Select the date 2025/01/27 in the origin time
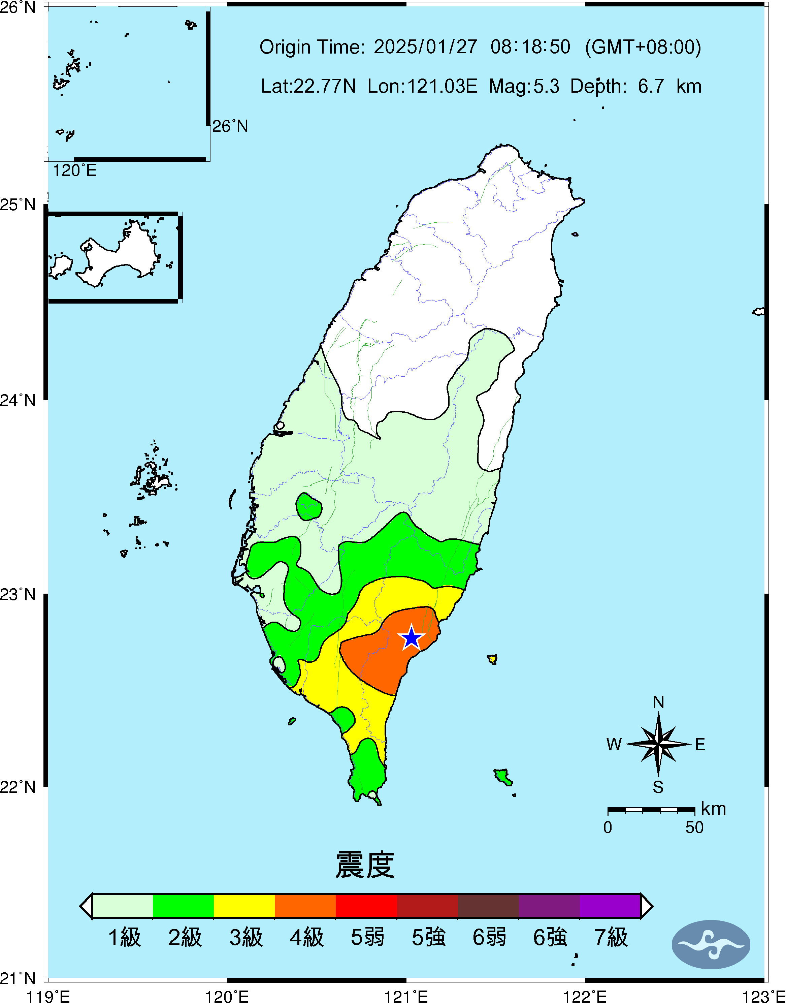(x=425, y=47)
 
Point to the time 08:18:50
(x=530, y=47)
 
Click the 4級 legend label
(x=306, y=937)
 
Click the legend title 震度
(x=365, y=865)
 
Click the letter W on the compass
(x=614, y=744)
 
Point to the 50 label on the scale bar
(x=694, y=827)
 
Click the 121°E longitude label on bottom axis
(x=406, y=997)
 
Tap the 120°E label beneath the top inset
(x=74, y=171)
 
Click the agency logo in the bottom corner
(x=711, y=944)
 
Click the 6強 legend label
(x=550, y=937)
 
